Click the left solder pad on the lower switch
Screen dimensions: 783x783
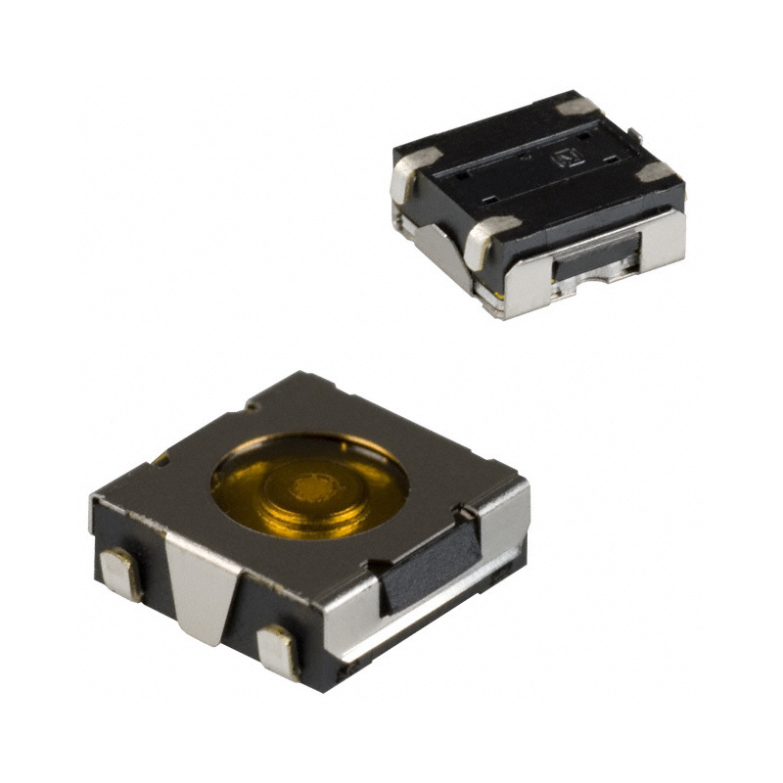[122, 573]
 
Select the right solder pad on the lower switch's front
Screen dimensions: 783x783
[278, 651]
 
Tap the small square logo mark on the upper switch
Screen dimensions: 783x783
[567, 154]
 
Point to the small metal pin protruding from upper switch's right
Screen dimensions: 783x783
[635, 135]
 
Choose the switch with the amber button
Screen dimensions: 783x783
[308, 529]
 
